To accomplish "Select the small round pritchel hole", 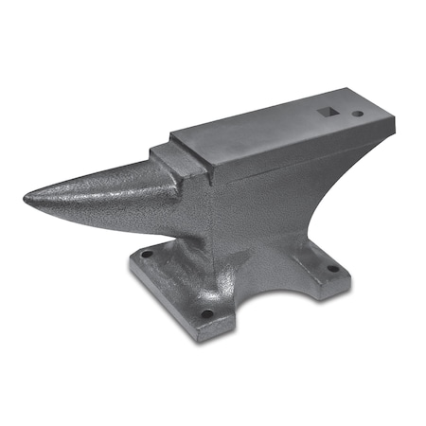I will coord(357,114).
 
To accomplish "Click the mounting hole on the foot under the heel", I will coord(332,268).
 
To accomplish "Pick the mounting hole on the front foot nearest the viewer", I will coord(206,313).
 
